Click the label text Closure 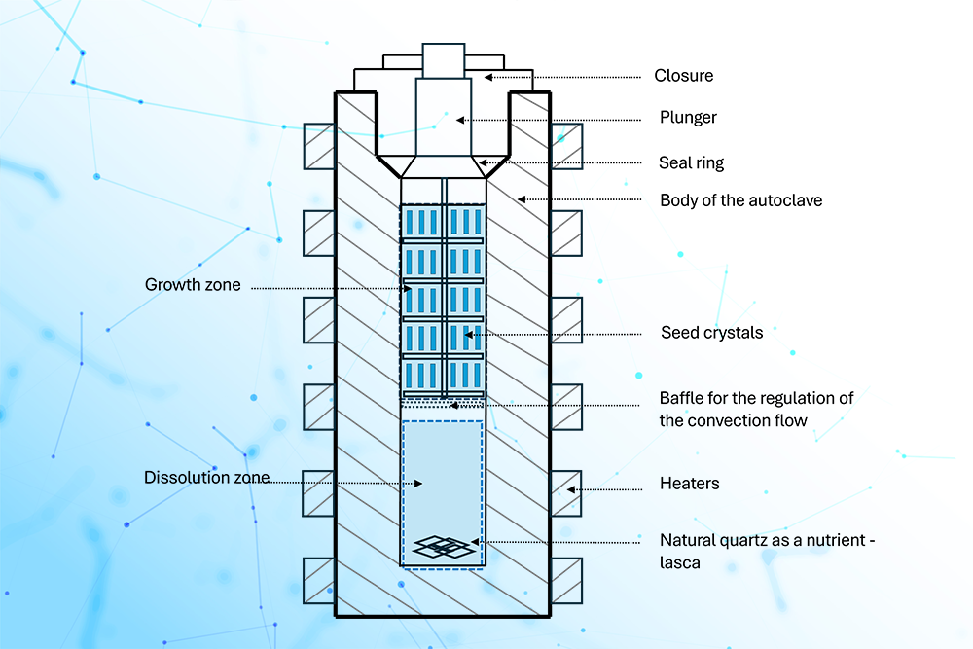[683, 76]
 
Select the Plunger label [688, 118]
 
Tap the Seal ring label [692, 162]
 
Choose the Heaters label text [689, 484]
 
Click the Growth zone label [193, 285]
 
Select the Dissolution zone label [205, 478]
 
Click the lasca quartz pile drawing [447, 548]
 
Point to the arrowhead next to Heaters [572, 489]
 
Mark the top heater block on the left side [319, 146]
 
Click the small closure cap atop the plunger [444, 60]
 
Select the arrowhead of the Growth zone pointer [409, 288]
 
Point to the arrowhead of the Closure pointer [487, 76]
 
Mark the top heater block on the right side [566, 146]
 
